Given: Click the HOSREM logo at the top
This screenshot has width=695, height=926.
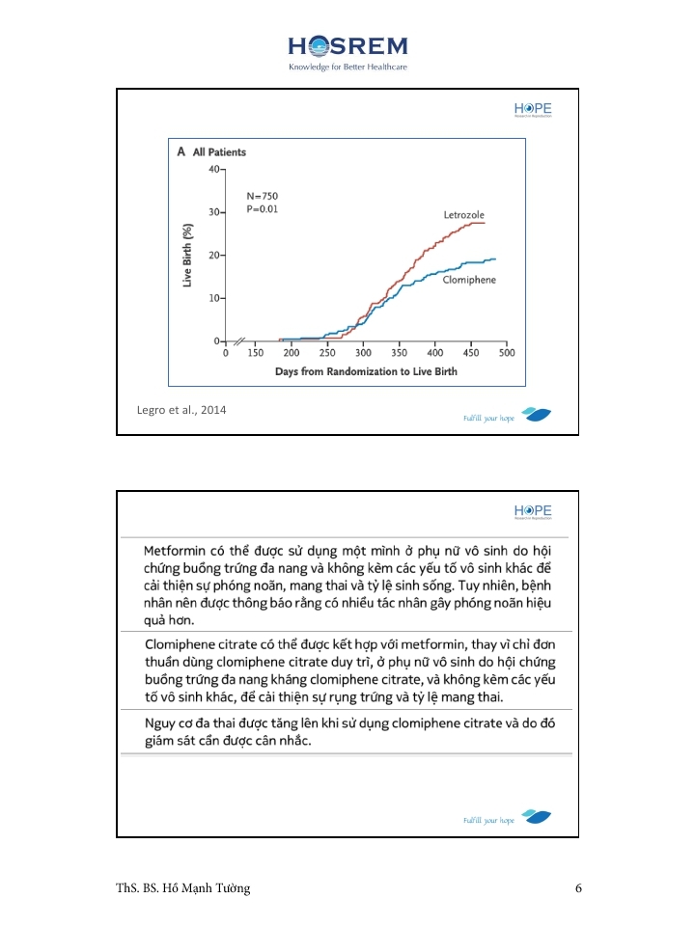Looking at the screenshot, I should pos(347,46).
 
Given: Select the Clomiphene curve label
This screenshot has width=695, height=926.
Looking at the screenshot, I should pos(469,280).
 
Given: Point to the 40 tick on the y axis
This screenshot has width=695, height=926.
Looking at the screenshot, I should pos(213,169).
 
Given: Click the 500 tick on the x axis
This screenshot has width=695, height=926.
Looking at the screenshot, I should pos(507,354).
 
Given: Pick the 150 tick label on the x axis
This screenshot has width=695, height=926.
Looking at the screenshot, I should pos(256,354).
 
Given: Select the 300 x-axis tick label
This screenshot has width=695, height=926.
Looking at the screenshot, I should pos(364,354).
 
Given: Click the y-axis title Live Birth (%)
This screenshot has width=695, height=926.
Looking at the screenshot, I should pos(188,254).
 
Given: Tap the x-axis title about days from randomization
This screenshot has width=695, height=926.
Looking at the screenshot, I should pos(366,371).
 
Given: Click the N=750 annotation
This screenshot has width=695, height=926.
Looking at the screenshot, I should pos(263,196).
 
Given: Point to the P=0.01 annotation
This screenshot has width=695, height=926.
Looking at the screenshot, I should pos(263,208).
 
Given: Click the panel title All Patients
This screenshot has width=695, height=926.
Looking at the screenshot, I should pos(219,152).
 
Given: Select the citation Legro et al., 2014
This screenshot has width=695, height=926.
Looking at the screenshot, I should pos(182,411).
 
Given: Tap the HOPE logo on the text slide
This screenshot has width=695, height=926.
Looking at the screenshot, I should pos(533,512).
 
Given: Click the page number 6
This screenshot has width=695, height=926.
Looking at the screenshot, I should pos(578,888).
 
